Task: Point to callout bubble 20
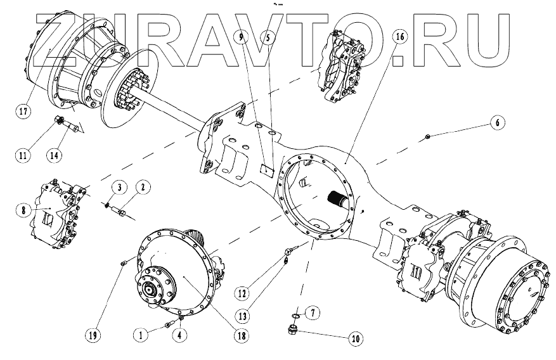(356, 338)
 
